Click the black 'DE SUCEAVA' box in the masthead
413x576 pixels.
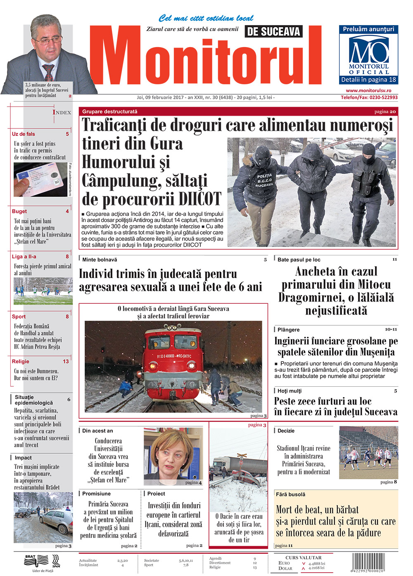[273, 31]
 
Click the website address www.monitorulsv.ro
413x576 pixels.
[368, 90]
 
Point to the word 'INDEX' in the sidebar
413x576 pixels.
[62, 112]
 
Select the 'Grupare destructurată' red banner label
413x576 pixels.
[110, 112]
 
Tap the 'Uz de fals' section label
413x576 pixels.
[24, 134]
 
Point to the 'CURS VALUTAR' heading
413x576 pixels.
[303, 557]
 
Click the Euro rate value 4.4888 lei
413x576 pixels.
[316, 563]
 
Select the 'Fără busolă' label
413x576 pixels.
[291, 494]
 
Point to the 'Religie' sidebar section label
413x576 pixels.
[21, 361]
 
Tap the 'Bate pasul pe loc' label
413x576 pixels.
[299, 259]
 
